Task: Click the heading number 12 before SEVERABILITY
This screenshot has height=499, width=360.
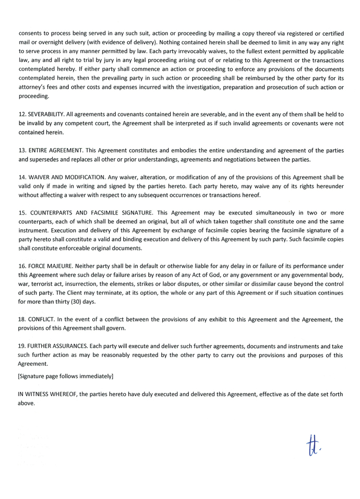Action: click(x=22, y=113)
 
